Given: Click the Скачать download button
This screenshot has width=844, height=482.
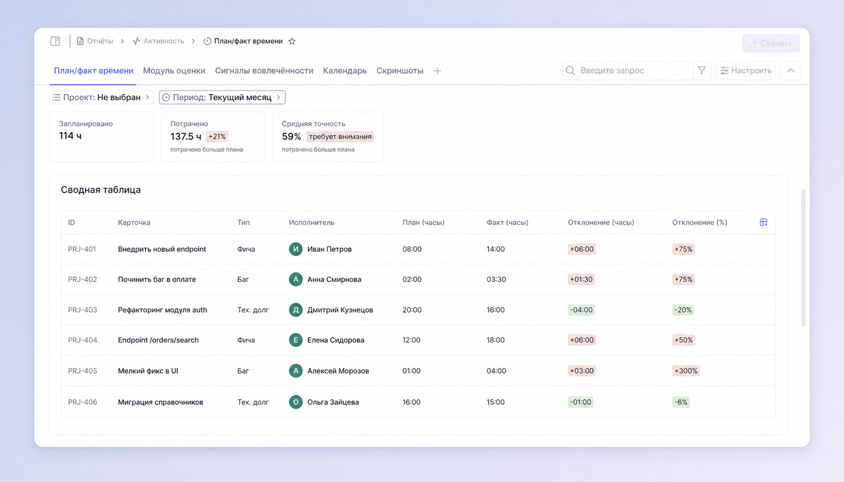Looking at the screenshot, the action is pos(771,43).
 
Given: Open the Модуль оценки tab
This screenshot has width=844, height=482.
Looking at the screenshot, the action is pos(174,71).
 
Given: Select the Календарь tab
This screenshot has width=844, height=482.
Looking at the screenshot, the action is pos(345,71).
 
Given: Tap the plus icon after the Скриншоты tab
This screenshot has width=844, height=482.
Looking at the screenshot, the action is pos(437,71).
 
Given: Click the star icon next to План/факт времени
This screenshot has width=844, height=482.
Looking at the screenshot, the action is pos(292,41).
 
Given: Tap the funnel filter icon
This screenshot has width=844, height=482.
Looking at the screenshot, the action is pos(702,70).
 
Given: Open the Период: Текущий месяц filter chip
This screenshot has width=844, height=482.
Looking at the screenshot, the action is pos(222,97).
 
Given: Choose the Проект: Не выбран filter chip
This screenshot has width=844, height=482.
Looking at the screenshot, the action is pos(101,97).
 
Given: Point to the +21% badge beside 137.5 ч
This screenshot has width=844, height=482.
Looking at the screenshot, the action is pos(217,136).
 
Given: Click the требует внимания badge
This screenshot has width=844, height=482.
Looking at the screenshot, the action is pos(340,136).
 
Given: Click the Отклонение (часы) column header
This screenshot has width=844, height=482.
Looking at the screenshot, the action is pos(601,222).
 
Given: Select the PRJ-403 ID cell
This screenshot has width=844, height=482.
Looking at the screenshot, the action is pos(82,310).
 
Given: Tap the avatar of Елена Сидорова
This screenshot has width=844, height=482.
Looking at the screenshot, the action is pos(296,340).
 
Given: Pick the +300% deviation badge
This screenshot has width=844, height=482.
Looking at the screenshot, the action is pos(686,371).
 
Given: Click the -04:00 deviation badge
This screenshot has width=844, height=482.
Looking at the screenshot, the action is pos(581,310).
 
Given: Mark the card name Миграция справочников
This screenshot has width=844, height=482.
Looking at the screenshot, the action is pos(161,402).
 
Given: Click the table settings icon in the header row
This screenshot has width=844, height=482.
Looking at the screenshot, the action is pos(764,222).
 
